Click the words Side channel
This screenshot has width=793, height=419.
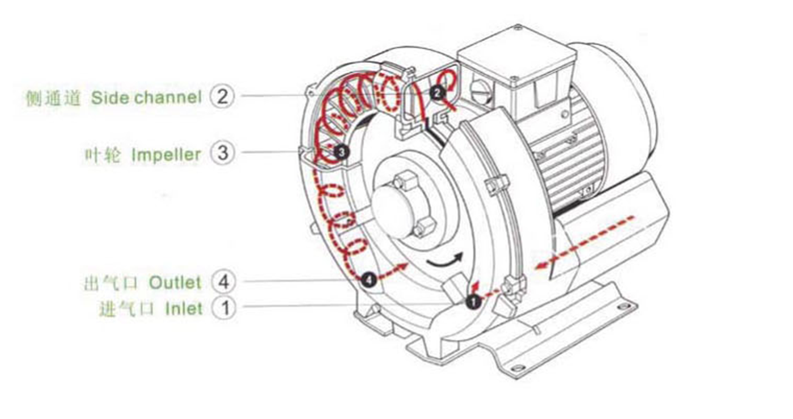pyautogui.click(x=146, y=98)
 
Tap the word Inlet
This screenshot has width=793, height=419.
pyautogui.click(x=183, y=309)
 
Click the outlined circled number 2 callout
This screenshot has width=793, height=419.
pyautogui.click(x=222, y=96)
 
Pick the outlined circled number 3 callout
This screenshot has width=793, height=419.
pyautogui.click(x=222, y=153)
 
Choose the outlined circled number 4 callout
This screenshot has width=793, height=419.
pyautogui.click(x=223, y=281)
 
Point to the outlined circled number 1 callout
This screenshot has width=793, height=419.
pyautogui.click(x=223, y=308)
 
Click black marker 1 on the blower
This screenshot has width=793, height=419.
pyautogui.click(x=473, y=303)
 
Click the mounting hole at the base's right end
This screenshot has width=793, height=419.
pyautogui.click(x=624, y=307)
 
